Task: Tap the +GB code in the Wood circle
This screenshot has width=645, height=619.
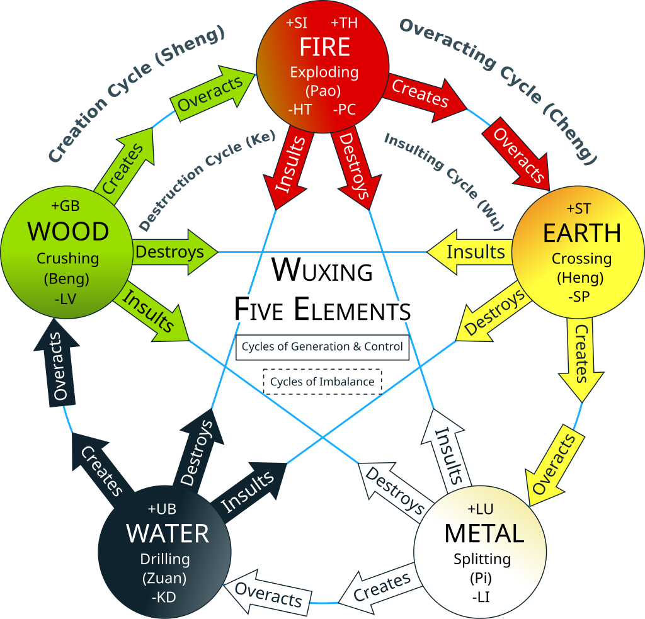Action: (66, 206)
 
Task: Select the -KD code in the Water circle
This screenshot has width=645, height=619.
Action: (164, 593)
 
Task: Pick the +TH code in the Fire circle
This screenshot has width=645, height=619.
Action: (344, 23)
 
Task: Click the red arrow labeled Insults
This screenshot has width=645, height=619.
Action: (291, 167)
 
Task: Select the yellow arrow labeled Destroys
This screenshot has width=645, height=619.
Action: (495, 314)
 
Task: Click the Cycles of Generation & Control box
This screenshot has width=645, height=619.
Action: (322, 346)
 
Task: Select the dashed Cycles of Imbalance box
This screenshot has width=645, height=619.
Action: (322, 382)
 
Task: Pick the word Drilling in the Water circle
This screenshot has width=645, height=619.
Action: (164, 559)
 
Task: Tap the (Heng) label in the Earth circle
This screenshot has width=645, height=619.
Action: (581, 277)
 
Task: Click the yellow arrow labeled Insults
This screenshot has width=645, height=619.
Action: (472, 252)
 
